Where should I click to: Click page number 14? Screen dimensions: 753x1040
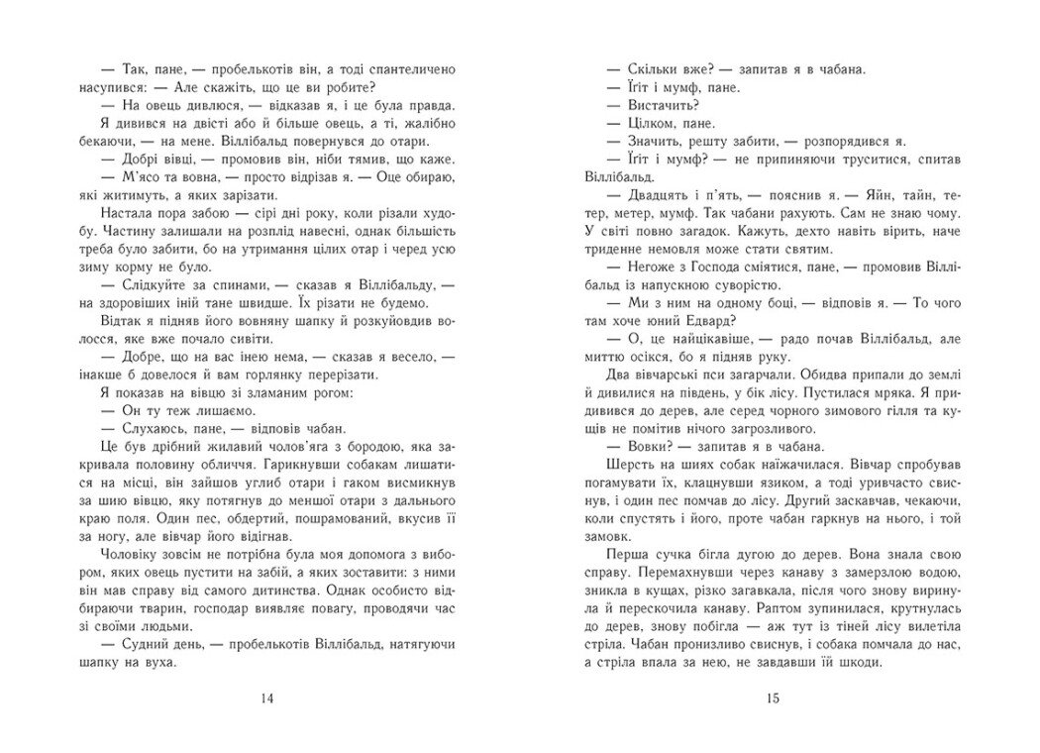click(x=265, y=699)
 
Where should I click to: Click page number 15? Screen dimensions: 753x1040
click(x=774, y=699)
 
